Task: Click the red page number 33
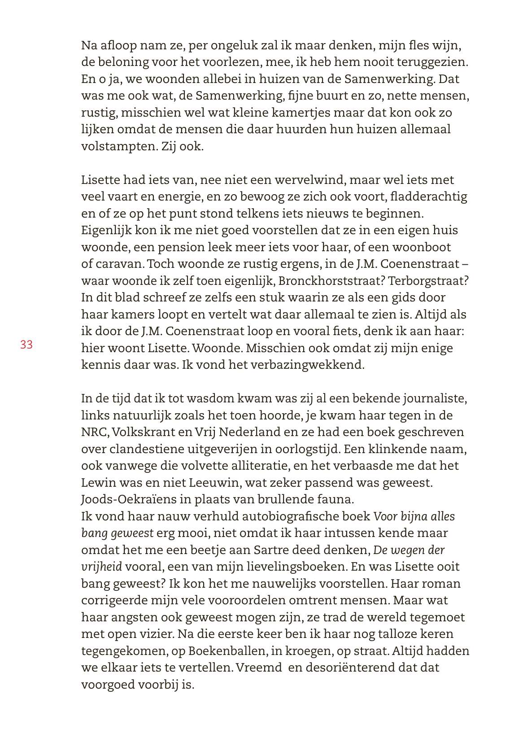point(26,345)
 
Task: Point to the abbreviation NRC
point(94,432)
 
